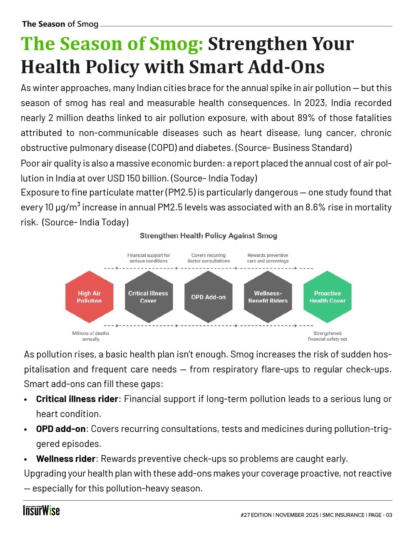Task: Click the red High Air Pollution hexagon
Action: pos(89,297)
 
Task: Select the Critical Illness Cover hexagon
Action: pos(148,297)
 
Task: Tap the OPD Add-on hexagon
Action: pos(208,297)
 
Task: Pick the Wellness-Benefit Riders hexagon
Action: pos(268,297)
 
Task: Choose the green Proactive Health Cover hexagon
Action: pos(327,297)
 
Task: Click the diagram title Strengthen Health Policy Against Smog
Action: pos(208,236)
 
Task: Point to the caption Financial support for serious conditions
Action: pos(148,258)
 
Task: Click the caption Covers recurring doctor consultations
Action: pos(208,258)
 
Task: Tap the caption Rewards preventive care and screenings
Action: pos(268,258)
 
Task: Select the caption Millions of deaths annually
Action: pos(90,336)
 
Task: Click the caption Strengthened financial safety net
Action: pos(327,336)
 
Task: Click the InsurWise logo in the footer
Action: pos(41,511)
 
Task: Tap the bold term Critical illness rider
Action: pos(77,399)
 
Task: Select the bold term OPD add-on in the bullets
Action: pos(61,429)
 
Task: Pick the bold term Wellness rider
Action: pos(66,459)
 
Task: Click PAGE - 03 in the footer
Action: pos(381,515)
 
